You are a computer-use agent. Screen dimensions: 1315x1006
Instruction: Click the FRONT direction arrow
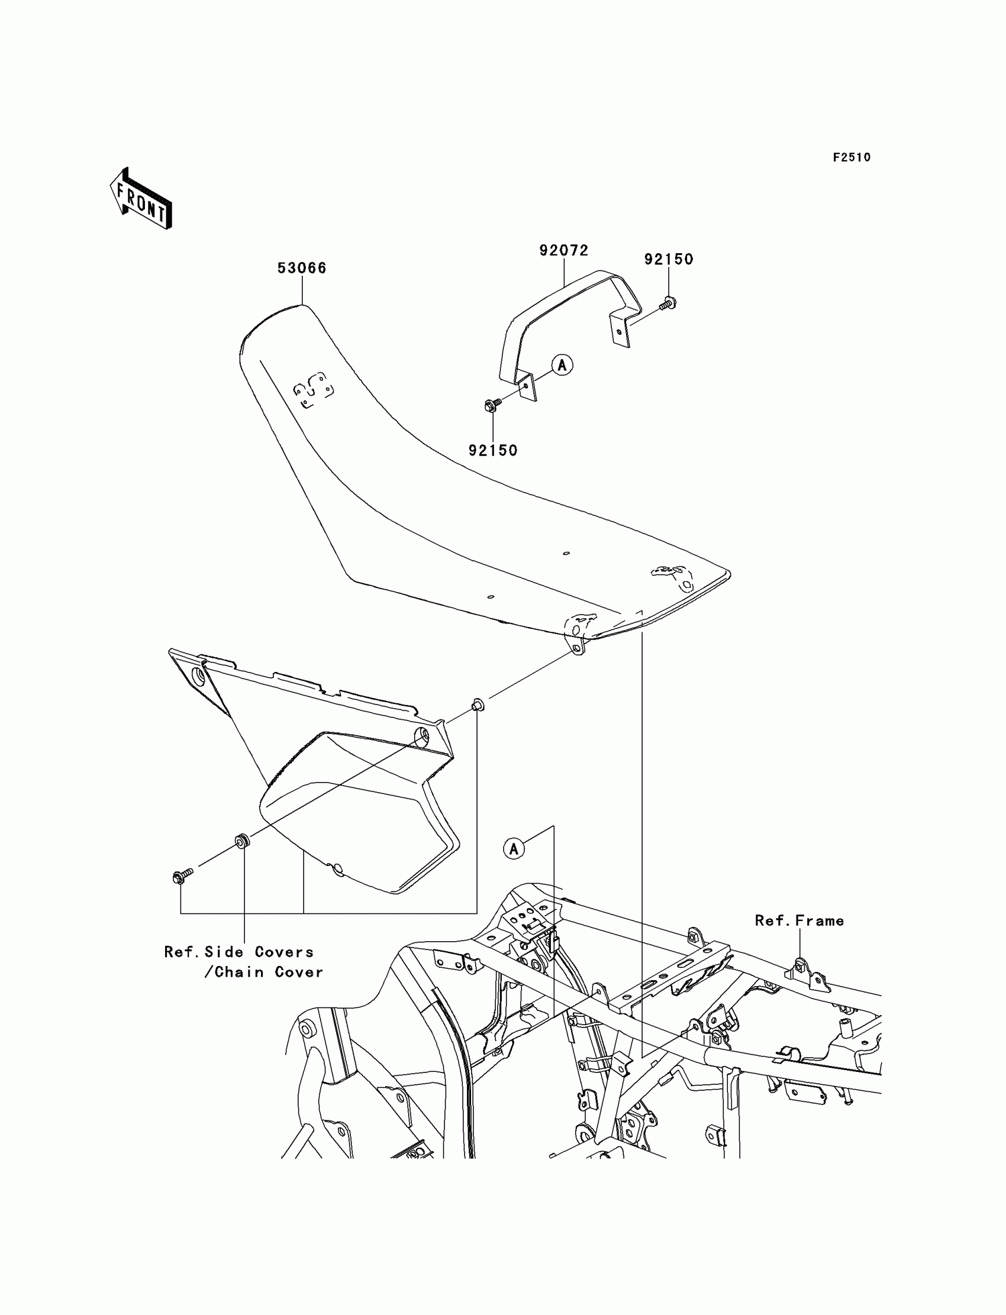point(141,199)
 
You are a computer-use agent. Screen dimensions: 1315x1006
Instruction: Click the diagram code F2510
point(852,157)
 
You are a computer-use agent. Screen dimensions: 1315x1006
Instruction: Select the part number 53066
point(302,267)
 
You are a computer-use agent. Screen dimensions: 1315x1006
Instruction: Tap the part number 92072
point(563,250)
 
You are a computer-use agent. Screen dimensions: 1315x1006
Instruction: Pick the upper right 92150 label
point(668,259)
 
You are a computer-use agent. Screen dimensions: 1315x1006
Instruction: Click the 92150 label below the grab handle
point(493,450)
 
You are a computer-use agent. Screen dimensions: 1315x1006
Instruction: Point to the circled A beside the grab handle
point(562,364)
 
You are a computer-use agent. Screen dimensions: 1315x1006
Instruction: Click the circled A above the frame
point(514,848)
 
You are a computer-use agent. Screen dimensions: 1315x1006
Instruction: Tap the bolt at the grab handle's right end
point(668,303)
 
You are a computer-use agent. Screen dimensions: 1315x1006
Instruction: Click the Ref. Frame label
point(799,920)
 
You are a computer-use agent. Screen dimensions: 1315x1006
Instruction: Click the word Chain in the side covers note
point(239,972)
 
